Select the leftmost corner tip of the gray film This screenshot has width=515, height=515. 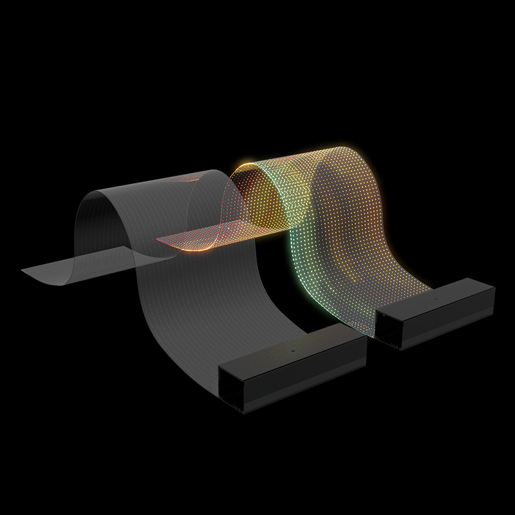[23, 271]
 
